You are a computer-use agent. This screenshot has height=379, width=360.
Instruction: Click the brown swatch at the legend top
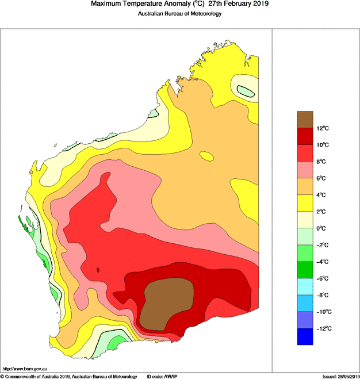tap(305, 119)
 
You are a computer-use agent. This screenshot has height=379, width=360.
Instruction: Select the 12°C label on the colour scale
tap(323, 128)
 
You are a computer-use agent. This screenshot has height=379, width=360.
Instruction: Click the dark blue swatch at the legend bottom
tap(305, 336)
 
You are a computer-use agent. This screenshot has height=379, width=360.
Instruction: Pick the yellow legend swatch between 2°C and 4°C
tap(305, 202)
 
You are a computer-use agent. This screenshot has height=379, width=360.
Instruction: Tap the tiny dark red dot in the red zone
tap(98, 269)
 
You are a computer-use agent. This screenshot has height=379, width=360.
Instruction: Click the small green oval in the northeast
tap(246, 90)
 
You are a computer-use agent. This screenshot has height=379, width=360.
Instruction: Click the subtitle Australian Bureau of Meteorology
tap(179, 14)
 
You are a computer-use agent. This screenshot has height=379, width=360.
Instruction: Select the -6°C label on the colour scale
tap(322, 278)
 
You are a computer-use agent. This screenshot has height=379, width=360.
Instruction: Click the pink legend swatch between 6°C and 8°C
tap(305, 169)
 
